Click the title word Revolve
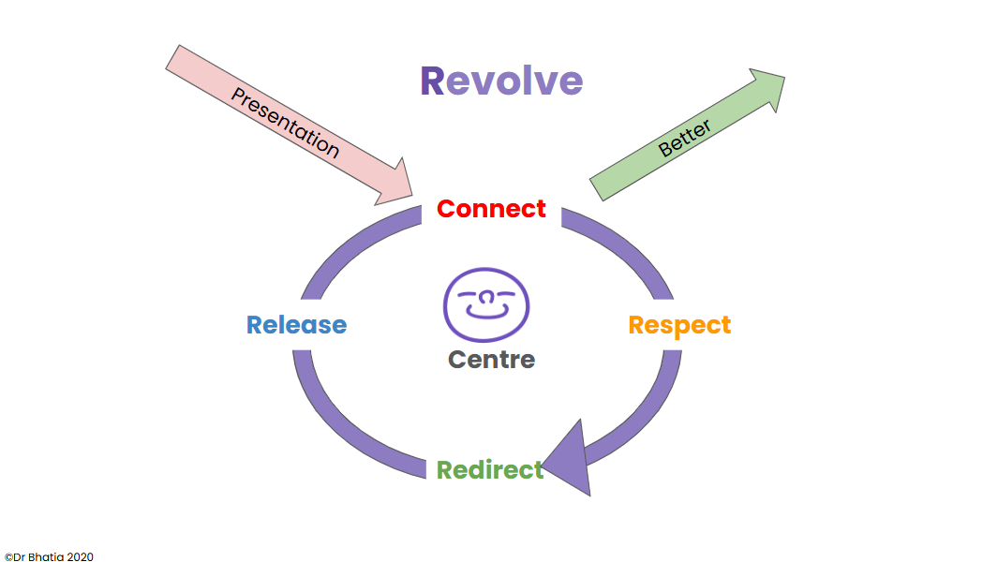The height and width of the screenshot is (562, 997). pos(501,81)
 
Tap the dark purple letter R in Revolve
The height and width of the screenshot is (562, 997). pos(433,81)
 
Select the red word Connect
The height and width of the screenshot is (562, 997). pos(491,208)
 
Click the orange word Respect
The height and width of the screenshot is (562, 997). pos(679,325)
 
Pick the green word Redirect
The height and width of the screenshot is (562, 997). pos(489,469)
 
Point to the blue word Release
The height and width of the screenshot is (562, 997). pos(296,325)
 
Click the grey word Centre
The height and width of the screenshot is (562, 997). pos(491,359)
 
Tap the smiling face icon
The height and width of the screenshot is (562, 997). pos(486,304)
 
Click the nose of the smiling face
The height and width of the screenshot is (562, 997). pos(486,297)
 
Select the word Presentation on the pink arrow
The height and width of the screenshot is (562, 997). pos(285,123)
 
